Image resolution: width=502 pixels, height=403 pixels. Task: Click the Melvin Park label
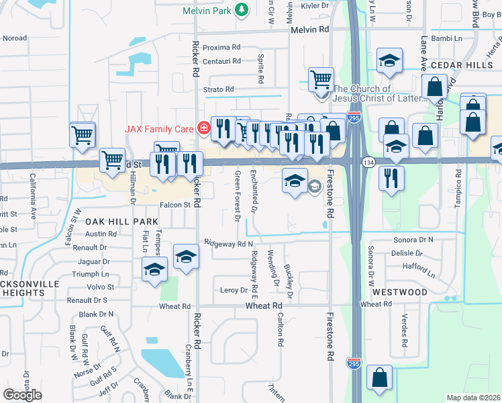[207, 11]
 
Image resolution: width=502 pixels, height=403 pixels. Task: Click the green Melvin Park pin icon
[241, 10]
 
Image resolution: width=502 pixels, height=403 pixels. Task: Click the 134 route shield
[368, 163]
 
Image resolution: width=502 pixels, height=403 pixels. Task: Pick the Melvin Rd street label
[309, 30]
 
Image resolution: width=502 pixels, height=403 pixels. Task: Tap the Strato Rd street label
[219, 89]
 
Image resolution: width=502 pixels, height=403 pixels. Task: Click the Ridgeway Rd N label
[229, 243]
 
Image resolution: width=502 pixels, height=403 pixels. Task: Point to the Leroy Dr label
[234, 290]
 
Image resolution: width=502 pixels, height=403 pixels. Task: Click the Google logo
[22, 394]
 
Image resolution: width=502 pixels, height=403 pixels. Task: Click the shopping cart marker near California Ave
[83, 134]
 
